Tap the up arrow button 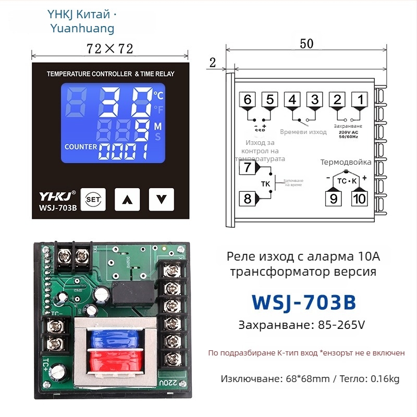[127, 199]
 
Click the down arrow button [161, 199]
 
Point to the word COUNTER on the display [81, 147]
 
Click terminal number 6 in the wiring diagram [247, 99]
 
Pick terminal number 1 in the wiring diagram [359, 99]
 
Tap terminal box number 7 [247, 167]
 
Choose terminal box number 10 [359, 198]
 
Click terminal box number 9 [333, 198]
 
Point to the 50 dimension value [306, 44]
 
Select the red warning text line [306, 353]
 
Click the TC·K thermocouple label [346, 180]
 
